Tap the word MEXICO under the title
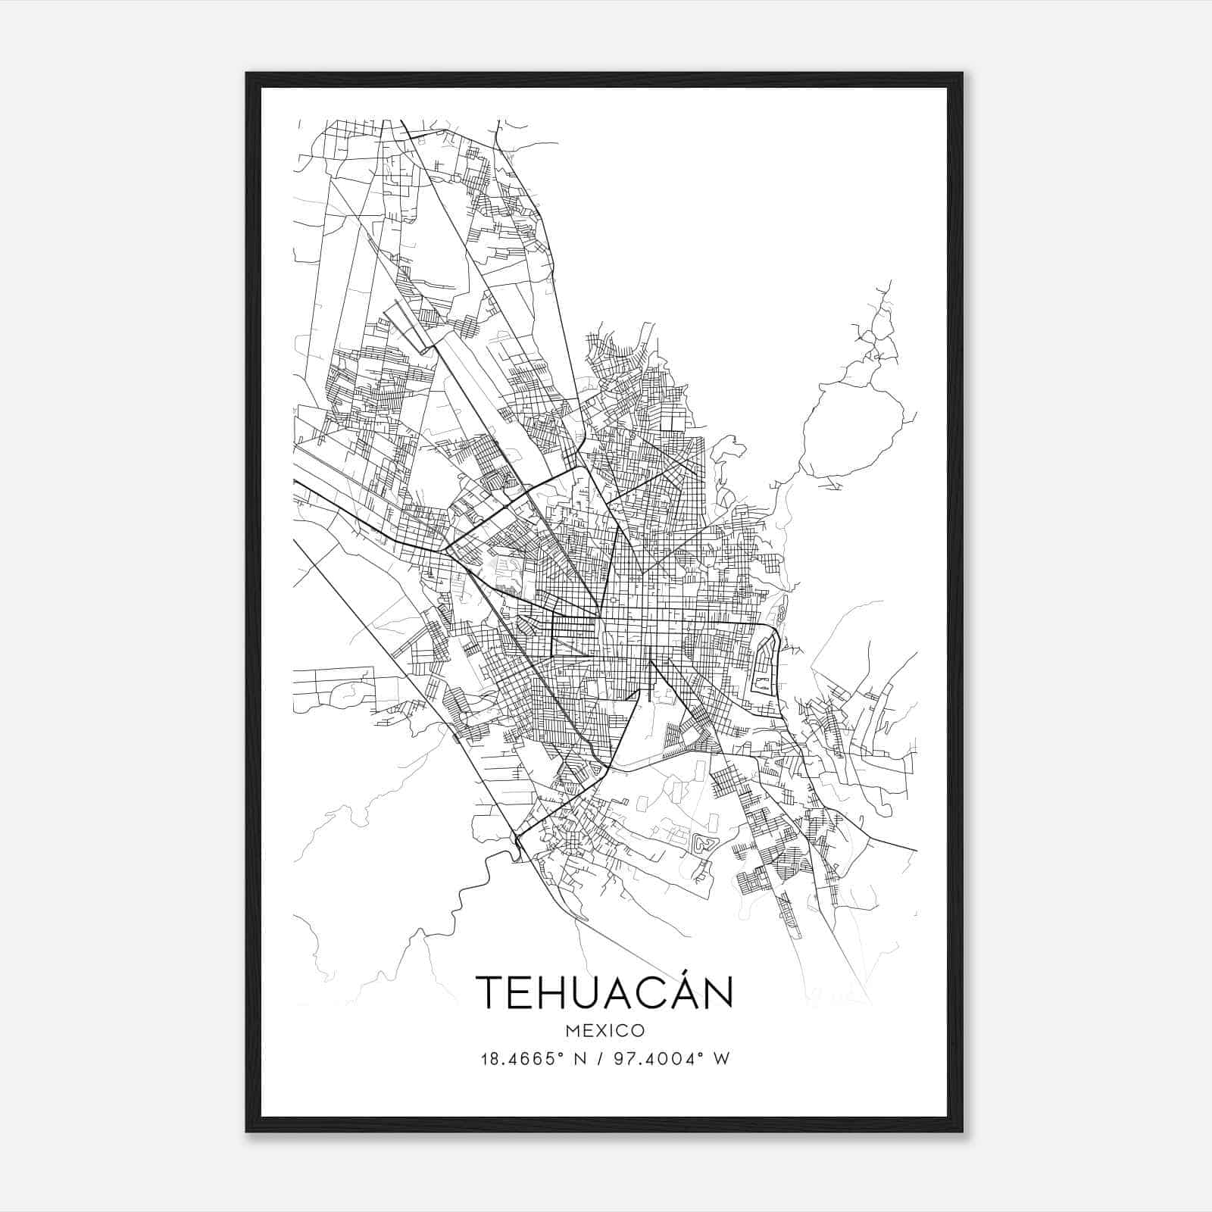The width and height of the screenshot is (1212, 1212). click(604, 1031)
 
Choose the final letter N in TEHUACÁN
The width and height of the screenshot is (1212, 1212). click(716, 992)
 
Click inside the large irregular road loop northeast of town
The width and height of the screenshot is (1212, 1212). click(852, 428)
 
